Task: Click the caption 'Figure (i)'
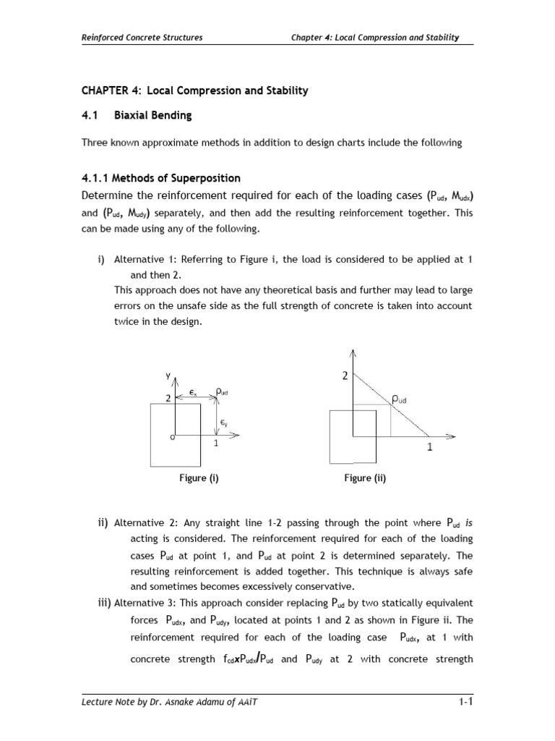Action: click(x=199, y=478)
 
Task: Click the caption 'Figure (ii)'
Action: click(x=365, y=478)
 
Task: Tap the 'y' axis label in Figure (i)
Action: click(x=167, y=375)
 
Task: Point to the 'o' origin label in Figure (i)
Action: click(x=172, y=437)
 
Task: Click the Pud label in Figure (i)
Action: click(x=223, y=391)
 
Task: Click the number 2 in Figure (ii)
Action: click(x=345, y=376)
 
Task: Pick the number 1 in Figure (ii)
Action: click(x=430, y=447)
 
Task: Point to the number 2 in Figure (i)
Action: click(x=168, y=398)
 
